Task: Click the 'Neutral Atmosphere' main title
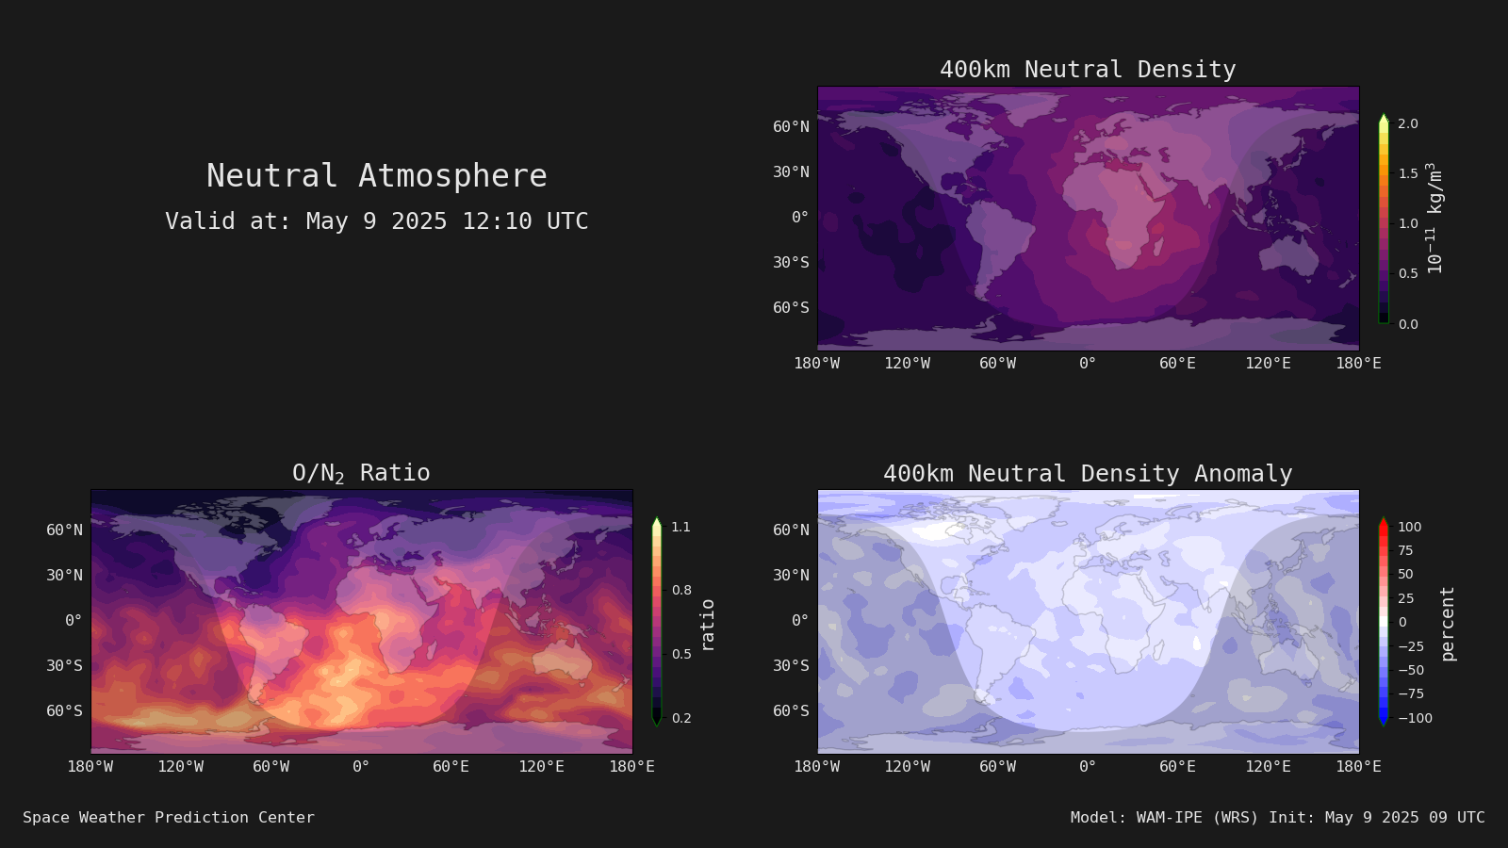tap(376, 175)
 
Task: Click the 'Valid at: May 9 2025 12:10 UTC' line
tap(376, 220)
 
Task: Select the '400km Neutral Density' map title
tap(1088, 70)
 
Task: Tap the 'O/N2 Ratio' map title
tap(361, 473)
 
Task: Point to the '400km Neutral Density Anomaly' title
tap(1088, 474)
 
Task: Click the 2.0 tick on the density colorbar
tap(1408, 123)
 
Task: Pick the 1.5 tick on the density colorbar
tap(1408, 173)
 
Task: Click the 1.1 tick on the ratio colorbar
tap(680, 527)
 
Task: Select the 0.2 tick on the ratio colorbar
tap(681, 718)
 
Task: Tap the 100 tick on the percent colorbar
tap(1410, 527)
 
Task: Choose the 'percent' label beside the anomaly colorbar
tap(1448, 624)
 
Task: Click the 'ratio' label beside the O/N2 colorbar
tap(707, 626)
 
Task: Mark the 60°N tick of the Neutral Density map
tap(791, 126)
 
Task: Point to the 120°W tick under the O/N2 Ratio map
tap(180, 767)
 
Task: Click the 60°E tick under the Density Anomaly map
tap(1177, 767)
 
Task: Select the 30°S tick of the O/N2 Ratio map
tap(65, 665)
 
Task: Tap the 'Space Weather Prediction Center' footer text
tap(169, 818)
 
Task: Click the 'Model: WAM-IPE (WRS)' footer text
tap(1164, 818)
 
